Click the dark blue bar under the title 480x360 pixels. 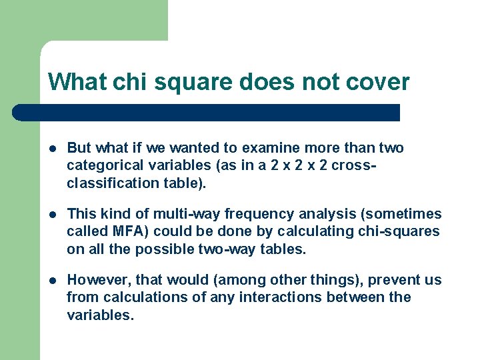[x=207, y=113]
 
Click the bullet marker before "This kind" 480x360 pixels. [x=52, y=215]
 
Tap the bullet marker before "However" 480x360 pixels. [x=52, y=281]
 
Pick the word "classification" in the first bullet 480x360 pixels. [x=109, y=183]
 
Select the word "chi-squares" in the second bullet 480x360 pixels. [x=403, y=231]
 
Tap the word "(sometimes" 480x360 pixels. [x=404, y=214]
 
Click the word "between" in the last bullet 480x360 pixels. [x=356, y=297]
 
